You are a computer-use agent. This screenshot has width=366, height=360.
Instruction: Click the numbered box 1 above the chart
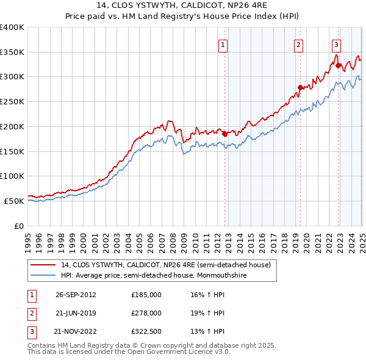pyautogui.click(x=223, y=45)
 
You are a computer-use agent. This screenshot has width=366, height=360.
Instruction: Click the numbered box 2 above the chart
pyautogui.click(x=298, y=45)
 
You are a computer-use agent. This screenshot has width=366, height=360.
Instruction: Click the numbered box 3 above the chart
pyautogui.click(x=337, y=45)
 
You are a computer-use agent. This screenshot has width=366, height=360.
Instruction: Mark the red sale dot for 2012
pyautogui.click(x=224, y=134)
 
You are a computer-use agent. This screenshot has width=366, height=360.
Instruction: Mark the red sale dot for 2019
pyautogui.click(x=300, y=87)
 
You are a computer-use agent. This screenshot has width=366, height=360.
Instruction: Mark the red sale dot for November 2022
pyautogui.click(x=338, y=65)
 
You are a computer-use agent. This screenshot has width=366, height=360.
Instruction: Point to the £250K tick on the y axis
pyautogui.click(x=12, y=102)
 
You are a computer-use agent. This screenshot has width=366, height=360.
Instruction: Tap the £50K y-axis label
pyautogui.click(x=13, y=201)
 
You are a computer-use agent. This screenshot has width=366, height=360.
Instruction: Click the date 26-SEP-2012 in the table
pyautogui.click(x=76, y=294)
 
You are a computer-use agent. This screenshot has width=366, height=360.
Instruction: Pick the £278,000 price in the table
pyautogui.click(x=146, y=313)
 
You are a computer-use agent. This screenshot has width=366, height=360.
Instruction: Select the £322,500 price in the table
pyautogui.click(x=146, y=332)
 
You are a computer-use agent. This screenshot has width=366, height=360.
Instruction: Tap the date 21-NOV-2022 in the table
pyautogui.click(x=76, y=332)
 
